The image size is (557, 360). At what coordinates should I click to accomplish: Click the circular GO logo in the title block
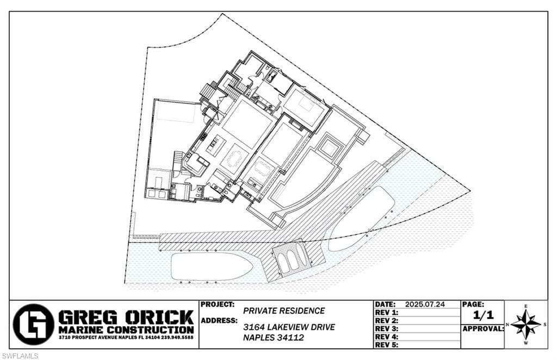33,325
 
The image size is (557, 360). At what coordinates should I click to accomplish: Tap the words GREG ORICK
126,317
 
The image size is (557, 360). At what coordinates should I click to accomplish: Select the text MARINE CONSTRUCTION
126,330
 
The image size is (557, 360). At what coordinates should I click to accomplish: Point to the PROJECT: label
218,305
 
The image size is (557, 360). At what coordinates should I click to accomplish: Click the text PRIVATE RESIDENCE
284,311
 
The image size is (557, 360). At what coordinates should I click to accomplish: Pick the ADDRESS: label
219,320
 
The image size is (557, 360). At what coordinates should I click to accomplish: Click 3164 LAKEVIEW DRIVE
289,327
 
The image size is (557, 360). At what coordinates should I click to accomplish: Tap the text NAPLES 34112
273,338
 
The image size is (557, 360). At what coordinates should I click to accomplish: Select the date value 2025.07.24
425,305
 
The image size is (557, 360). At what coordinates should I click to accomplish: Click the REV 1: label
387,313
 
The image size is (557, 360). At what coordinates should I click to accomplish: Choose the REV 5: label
387,345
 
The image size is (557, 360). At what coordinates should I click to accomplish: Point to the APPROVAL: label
482,328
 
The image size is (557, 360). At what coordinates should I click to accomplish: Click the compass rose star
525,325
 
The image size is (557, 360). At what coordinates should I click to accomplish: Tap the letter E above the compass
525,307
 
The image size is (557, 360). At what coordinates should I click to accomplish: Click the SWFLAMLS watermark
20,356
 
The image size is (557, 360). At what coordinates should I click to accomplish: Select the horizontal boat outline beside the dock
211,266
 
